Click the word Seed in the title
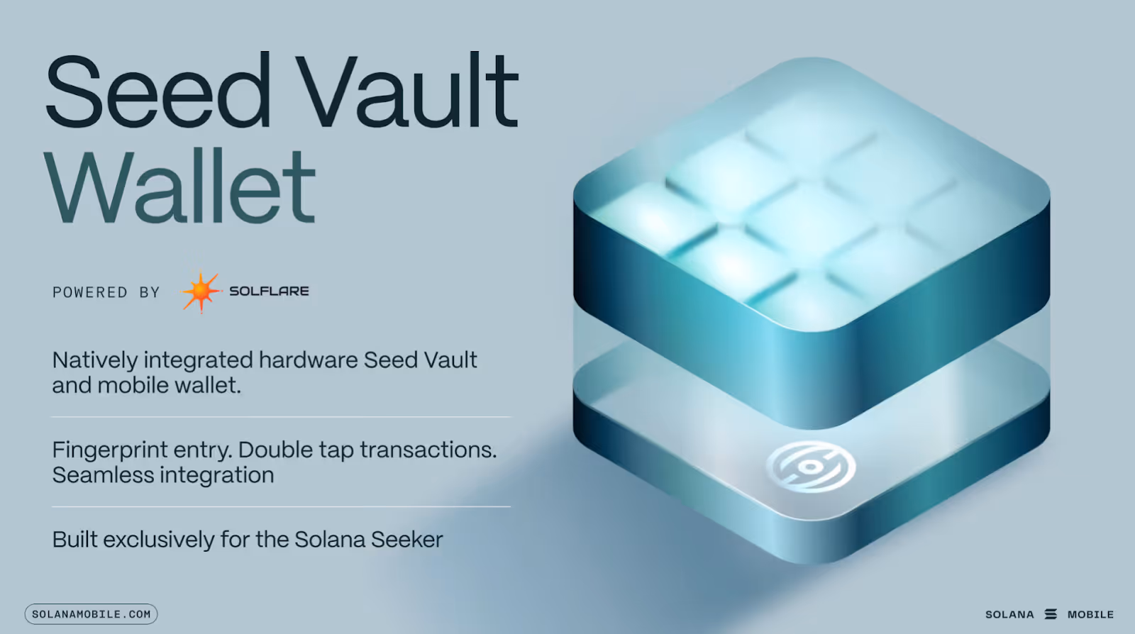[x=157, y=90]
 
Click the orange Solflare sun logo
[x=201, y=291]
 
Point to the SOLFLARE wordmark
[x=269, y=291]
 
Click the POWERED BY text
[x=106, y=292]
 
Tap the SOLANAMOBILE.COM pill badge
[x=92, y=613]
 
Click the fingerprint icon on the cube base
[x=811, y=467]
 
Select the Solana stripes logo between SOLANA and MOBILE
[x=1051, y=614]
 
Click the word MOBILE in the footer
[x=1090, y=614]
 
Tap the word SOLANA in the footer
[x=1009, y=614]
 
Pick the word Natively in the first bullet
[x=95, y=361]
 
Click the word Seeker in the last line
[x=407, y=539]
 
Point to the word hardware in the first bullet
[x=309, y=360]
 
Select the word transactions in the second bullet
[x=428, y=450]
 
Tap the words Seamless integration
[x=163, y=475]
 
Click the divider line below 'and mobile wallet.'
[x=281, y=417]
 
